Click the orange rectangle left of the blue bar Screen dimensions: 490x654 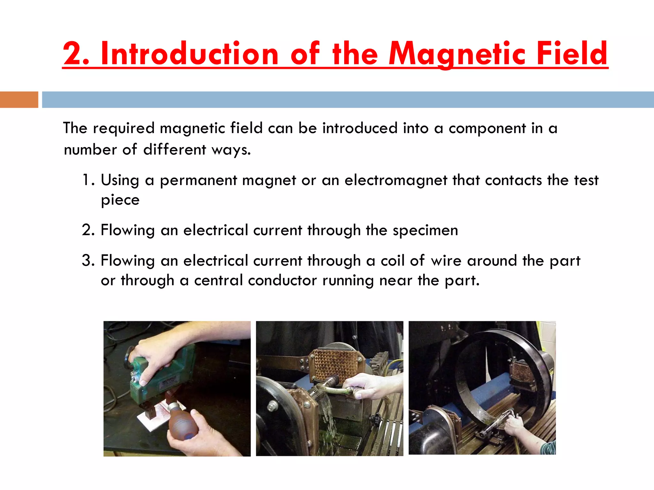(x=19, y=100)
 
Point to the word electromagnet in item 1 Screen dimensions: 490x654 (x=396, y=180)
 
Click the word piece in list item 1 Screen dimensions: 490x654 (x=120, y=200)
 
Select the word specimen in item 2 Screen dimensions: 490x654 (x=425, y=230)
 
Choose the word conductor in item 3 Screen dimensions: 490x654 (x=282, y=281)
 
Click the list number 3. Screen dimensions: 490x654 (x=88, y=261)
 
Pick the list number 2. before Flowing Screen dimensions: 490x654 (x=88, y=230)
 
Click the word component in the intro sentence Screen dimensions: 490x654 (x=487, y=129)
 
